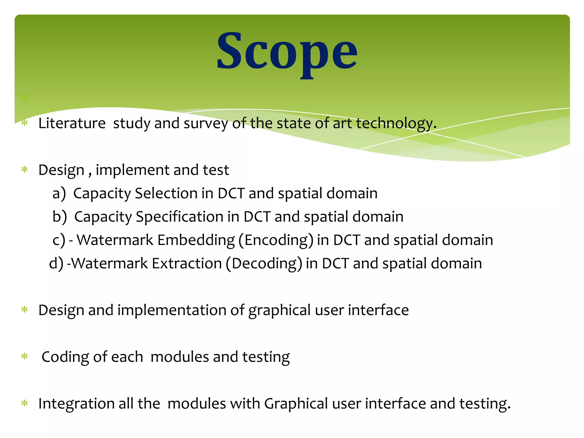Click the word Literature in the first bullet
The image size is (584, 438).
(x=72, y=123)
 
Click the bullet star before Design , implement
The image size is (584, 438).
(x=25, y=170)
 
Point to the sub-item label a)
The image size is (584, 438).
(x=59, y=193)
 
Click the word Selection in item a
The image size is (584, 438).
(x=166, y=193)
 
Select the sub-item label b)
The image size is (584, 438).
(x=59, y=217)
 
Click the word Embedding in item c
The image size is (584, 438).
(x=196, y=240)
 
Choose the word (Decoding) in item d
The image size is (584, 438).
(x=264, y=263)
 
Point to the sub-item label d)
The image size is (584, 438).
(x=56, y=263)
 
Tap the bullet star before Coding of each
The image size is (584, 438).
(x=25, y=357)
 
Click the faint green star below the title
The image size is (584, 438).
(x=25, y=98)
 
